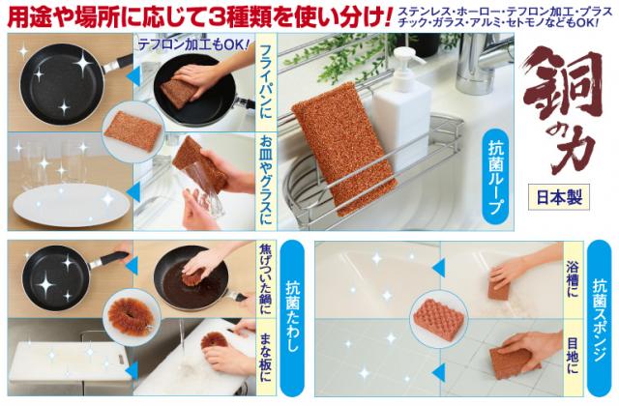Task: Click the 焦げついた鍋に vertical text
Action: point(266,280)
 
